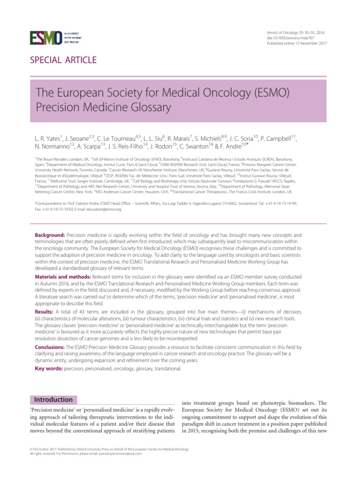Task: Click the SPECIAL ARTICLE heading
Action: [63, 60]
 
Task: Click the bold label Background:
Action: [50, 234]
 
